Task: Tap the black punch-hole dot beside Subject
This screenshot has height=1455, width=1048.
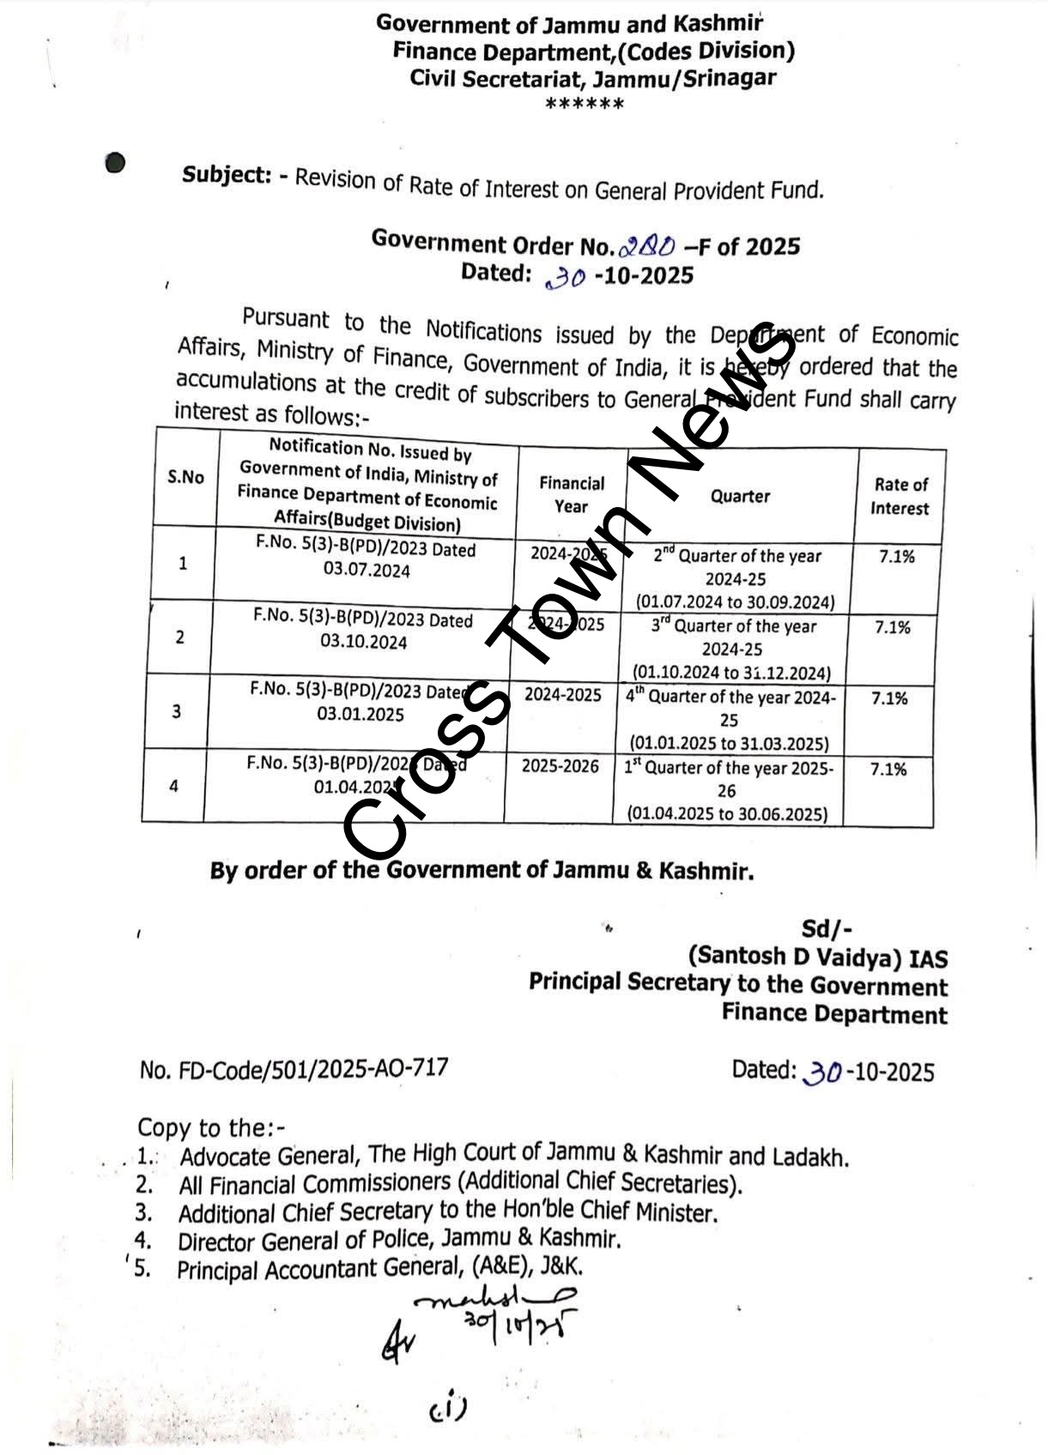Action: (116, 162)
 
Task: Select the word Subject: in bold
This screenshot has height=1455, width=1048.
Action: (227, 175)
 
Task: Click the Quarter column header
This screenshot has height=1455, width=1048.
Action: (740, 496)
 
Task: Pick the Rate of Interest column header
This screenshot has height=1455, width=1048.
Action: (900, 496)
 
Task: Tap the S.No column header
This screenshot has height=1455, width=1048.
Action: (185, 477)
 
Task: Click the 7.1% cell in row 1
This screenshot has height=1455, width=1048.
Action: (896, 557)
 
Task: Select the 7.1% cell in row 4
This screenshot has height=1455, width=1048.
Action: (888, 770)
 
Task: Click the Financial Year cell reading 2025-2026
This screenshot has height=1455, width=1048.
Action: (560, 765)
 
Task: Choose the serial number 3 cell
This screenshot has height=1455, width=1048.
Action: (177, 711)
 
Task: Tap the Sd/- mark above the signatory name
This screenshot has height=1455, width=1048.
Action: (826, 928)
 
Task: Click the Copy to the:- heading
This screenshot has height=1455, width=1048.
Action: (211, 1126)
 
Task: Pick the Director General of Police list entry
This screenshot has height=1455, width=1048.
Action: (398, 1240)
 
